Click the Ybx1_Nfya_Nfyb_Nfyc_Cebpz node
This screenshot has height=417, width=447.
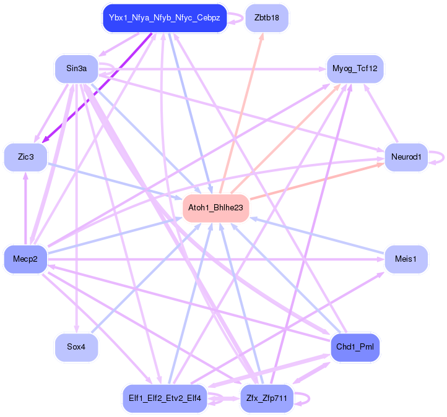pyautogui.click(x=164, y=18)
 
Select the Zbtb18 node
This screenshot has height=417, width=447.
pyautogui.click(x=266, y=18)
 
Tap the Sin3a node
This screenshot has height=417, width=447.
pyautogui.click(x=76, y=68)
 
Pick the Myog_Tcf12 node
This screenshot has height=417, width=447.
pyautogui.click(x=355, y=68)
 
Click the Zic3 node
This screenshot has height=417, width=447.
pyautogui.click(x=25, y=157)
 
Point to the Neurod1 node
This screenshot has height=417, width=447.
pyautogui.click(x=406, y=157)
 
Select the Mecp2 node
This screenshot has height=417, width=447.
pyautogui.click(x=25, y=259)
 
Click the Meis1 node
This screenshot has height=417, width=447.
pyautogui.click(x=406, y=259)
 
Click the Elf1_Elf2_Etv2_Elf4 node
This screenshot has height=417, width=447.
pyautogui.click(x=164, y=398)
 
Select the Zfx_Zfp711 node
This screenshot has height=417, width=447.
pyautogui.click(x=266, y=398)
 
